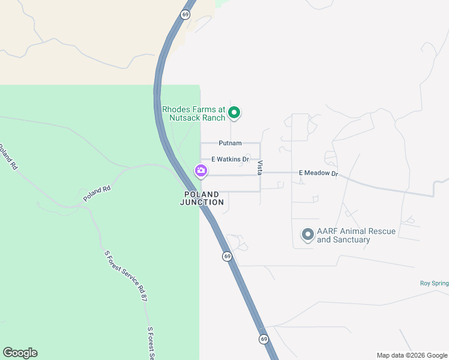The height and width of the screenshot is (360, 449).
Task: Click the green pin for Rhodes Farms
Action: tap(235, 112)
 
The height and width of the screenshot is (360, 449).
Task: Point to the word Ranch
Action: tap(213, 118)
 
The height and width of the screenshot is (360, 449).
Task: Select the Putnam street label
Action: tap(230, 143)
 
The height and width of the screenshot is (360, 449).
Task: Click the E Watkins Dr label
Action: tap(230, 159)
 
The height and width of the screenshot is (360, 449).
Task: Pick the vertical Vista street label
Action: tap(260, 167)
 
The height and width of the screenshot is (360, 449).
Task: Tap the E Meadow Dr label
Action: tap(319, 173)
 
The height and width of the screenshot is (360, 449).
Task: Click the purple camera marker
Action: tap(201, 172)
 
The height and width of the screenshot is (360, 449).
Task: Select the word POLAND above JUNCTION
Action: tap(202, 194)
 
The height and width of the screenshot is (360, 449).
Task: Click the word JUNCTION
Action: tap(202, 202)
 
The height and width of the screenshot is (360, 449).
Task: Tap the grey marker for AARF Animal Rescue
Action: tap(308, 235)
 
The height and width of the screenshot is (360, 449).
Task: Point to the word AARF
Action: tap(328, 231)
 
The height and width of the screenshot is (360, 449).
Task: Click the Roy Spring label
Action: tap(433, 283)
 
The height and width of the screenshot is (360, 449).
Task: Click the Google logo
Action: tap(20, 353)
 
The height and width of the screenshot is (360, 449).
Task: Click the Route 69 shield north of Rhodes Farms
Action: tap(186, 14)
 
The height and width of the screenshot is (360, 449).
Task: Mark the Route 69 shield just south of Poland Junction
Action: tap(227, 256)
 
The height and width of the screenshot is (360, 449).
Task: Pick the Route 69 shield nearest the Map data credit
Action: tap(264, 339)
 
